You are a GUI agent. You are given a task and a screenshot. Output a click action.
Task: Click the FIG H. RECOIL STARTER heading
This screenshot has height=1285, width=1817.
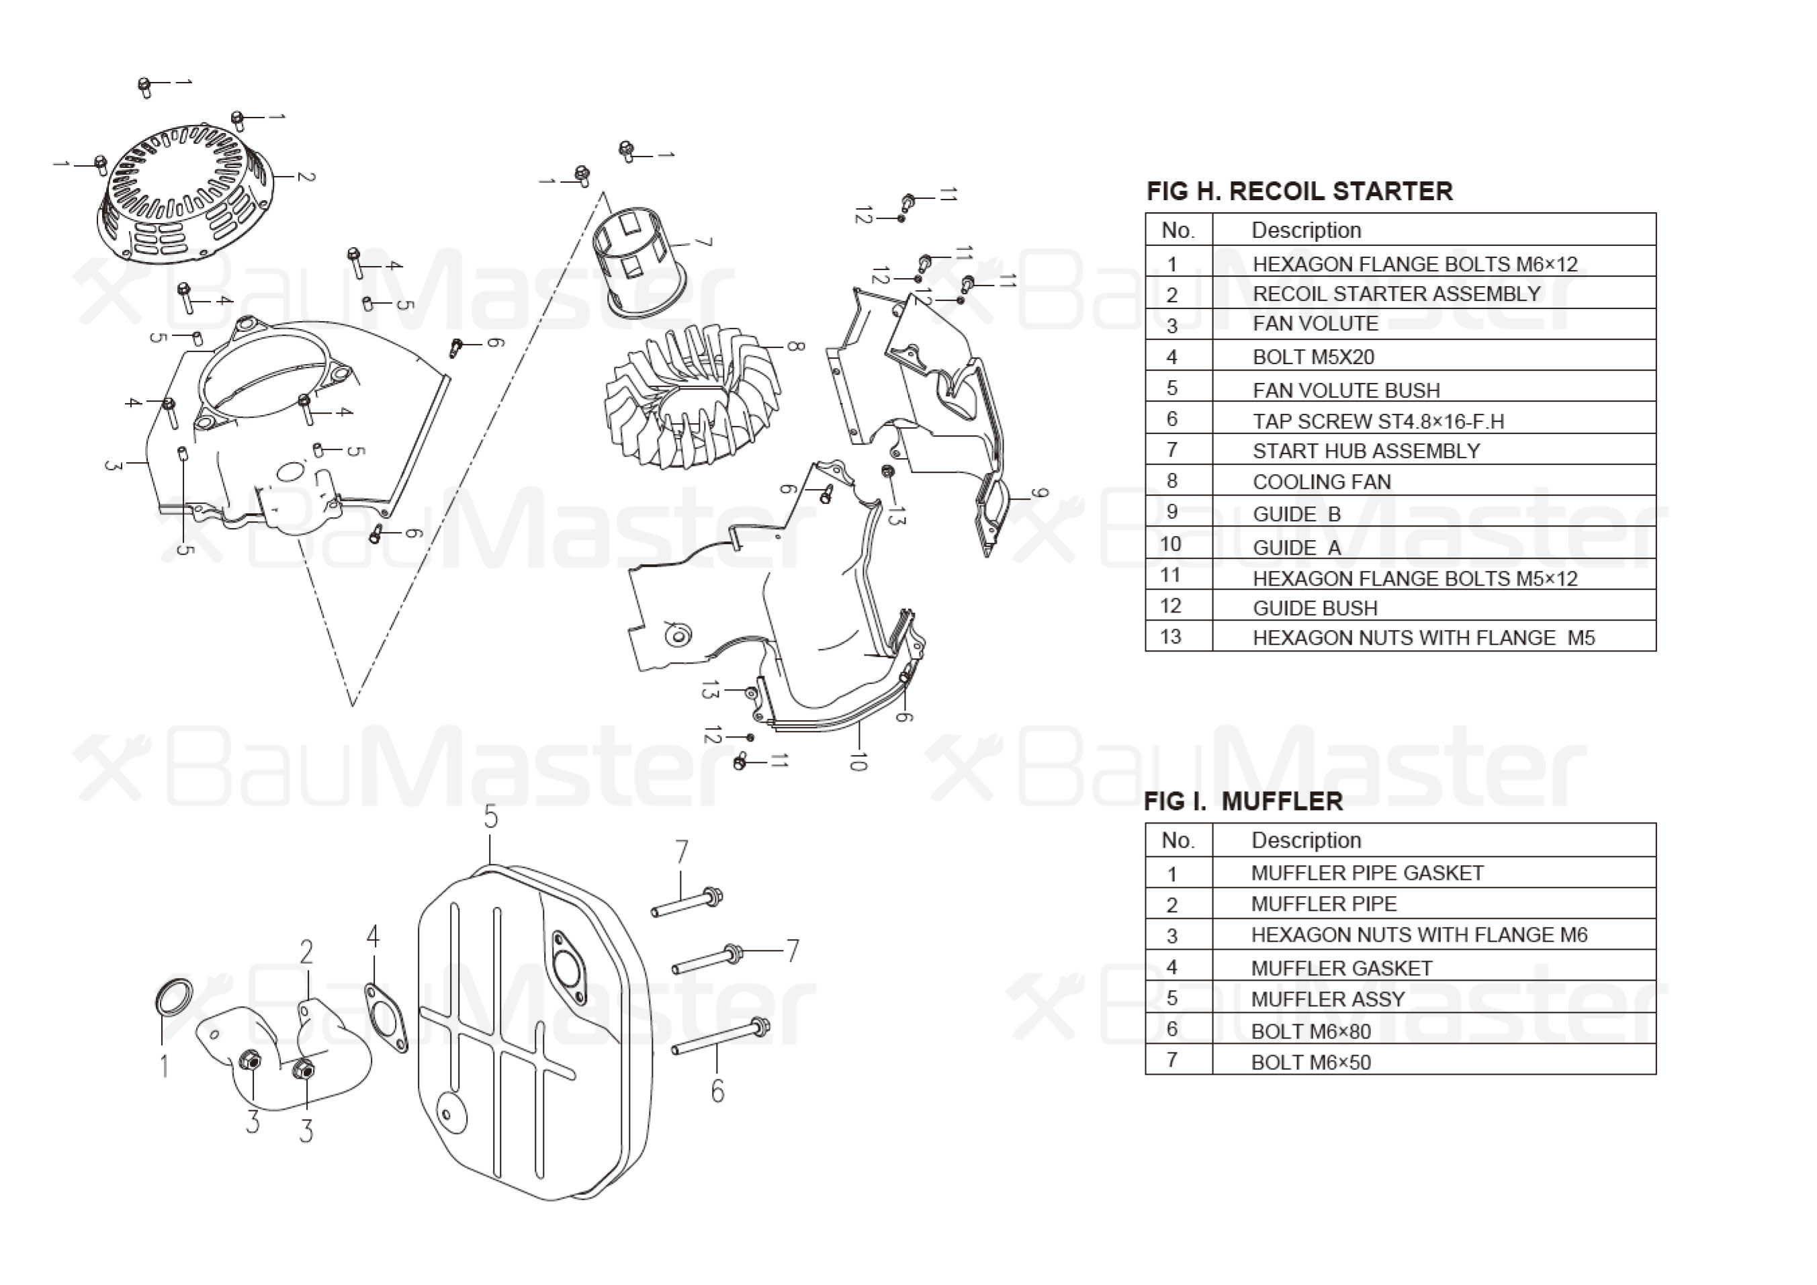[1298, 191]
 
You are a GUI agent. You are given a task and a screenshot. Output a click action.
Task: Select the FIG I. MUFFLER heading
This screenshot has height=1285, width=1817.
[1243, 801]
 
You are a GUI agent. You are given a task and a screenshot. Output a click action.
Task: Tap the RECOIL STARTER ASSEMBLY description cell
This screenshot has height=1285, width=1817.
[1396, 294]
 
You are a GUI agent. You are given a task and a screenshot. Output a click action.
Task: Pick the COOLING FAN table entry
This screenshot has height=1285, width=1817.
[1321, 482]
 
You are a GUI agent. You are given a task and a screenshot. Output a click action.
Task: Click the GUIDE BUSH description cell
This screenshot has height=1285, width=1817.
[1315, 608]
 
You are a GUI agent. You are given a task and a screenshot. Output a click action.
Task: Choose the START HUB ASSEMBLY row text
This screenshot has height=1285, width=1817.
[1366, 451]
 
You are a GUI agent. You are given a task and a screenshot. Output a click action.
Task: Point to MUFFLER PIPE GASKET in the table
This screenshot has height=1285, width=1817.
[1367, 873]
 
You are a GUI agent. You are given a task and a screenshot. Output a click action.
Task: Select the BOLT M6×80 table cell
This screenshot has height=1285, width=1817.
[1311, 1031]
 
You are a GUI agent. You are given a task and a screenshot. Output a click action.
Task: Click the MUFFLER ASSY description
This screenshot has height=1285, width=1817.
[1327, 1000]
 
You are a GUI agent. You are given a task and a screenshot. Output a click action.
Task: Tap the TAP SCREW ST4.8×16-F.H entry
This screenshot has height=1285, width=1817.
[1378, 421]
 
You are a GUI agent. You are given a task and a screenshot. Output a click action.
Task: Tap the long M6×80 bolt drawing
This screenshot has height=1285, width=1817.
[720, 1037]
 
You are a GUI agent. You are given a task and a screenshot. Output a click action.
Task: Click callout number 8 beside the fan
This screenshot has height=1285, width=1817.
[795, 347]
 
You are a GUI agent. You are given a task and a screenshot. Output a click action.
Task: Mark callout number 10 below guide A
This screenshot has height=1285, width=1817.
[858, 761]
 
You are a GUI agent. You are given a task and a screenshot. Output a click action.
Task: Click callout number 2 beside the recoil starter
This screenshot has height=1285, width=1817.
[306, 176]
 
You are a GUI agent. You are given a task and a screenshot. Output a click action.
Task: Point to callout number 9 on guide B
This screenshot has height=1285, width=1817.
[1040, 494]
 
